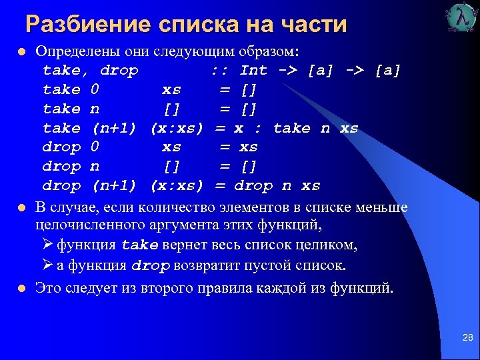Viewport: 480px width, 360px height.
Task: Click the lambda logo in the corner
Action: click(462, 17)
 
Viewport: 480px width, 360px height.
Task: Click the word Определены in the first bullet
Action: click(73, 51)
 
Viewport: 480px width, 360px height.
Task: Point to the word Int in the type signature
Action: click(253, 70)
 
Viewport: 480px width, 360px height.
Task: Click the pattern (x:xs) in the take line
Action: click(177, 127)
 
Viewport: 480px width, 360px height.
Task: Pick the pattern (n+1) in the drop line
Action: click(117, 185)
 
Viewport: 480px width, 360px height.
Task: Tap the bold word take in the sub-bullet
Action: click(140, 245)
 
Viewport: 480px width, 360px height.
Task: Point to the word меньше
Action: click(383, 207)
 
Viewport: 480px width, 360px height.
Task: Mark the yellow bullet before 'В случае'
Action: click(22, 208)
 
